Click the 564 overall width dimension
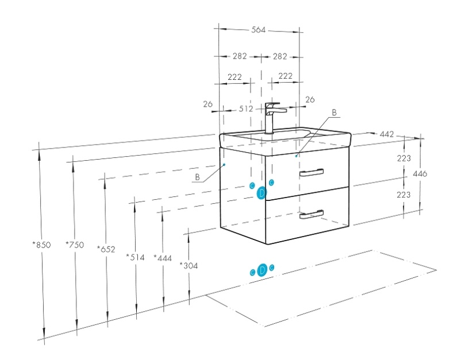coord(258,30)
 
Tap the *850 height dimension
coord(41,245)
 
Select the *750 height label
coord(75,245)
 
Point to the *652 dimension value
coord(106,249)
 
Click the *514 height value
coord(135,257)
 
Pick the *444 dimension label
coord(163,258)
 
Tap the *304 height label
coord(188,265)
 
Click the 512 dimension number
coord(246,109)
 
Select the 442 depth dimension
coord(387,134)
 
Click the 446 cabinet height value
coord(420,173)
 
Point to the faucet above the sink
coord(274,118)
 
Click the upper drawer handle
coord(311,173)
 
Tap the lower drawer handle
coord(311,214)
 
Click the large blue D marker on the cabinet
coord(261,193)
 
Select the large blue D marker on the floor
coord(262,270)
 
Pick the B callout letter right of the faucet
coord(334,113)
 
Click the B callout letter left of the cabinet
coord(198,177)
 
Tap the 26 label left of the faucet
coord(207,104)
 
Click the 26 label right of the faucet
coord(310,99)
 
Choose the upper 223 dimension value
coord(403,158)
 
